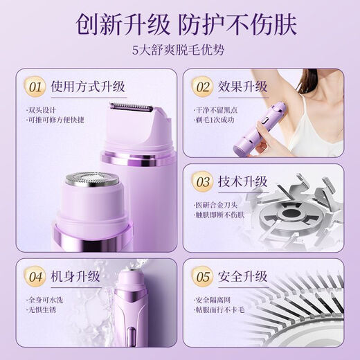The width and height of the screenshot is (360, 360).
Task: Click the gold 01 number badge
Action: coord(35,87)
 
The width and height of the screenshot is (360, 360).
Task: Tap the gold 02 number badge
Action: coord(204,87)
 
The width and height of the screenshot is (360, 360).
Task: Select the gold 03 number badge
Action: coord(204,183)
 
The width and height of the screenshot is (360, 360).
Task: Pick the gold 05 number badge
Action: coord(204,277)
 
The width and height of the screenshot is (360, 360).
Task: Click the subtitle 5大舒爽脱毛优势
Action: coord(179,51)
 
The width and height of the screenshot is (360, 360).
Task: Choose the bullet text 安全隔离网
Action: coord(216,299)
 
